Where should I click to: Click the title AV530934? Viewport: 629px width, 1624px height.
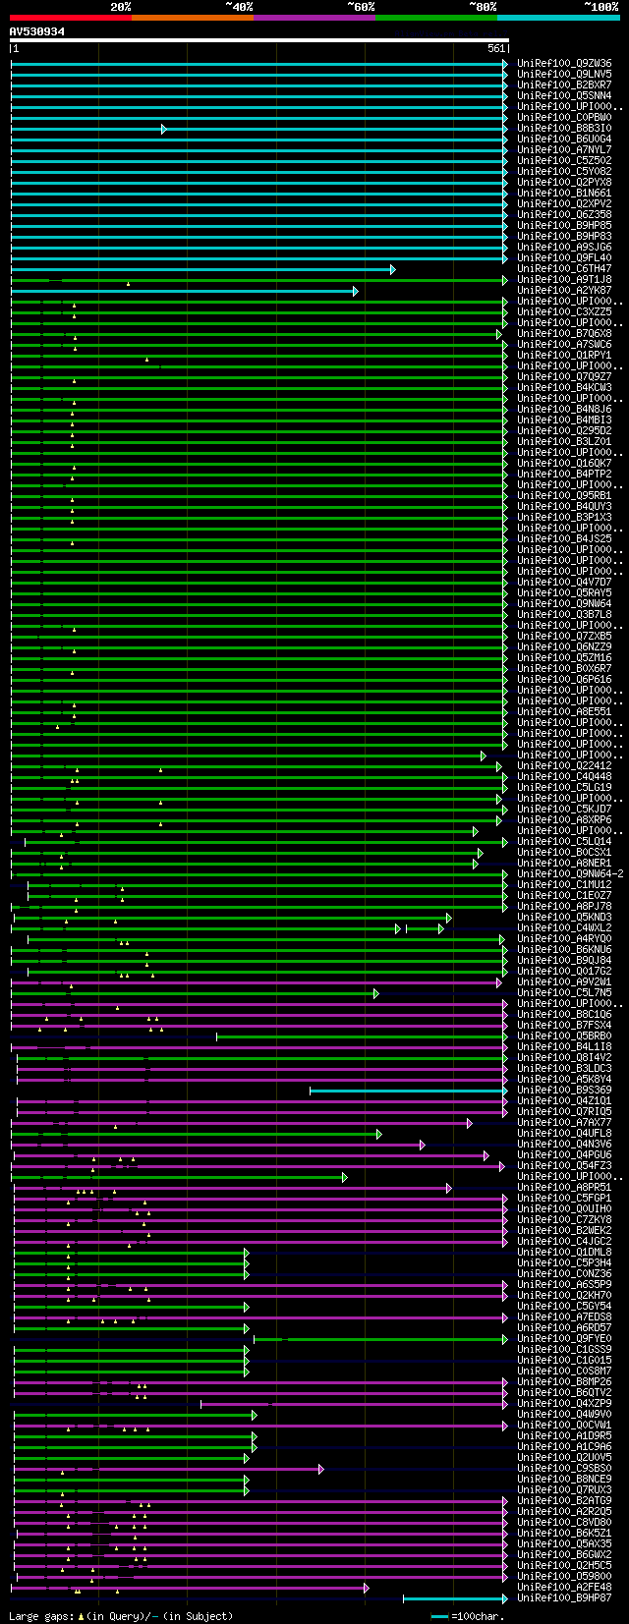coord(37,31)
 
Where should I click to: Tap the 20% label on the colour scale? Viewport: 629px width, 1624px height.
coord(120,7)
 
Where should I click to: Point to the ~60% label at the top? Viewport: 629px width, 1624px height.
coord(361,7)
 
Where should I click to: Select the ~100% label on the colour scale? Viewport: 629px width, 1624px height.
coord(600,7)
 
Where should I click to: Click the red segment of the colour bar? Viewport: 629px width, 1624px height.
coord(70,18)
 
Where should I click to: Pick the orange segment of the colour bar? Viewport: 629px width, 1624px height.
coord(192,18)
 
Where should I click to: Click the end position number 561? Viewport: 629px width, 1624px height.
coord(495,48)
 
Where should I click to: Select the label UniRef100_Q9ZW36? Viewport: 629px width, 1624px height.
coord(564,64)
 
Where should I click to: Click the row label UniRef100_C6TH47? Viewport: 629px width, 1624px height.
coord(564,269)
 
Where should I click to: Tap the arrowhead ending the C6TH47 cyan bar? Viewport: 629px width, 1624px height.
coord(393,269)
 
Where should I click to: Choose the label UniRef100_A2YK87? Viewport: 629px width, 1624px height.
coord(564,291)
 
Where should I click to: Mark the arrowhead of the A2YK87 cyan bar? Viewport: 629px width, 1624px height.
coord(356,291)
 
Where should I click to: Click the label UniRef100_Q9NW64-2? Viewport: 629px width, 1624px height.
coord(570,874)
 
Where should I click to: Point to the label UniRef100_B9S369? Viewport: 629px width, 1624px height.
coord(564,1091)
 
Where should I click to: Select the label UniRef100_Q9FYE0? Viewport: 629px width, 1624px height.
coord(564,1339)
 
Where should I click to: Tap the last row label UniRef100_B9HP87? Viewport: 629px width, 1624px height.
coord(564,1598)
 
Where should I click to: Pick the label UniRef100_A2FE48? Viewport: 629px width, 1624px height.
coord(564,1588)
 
